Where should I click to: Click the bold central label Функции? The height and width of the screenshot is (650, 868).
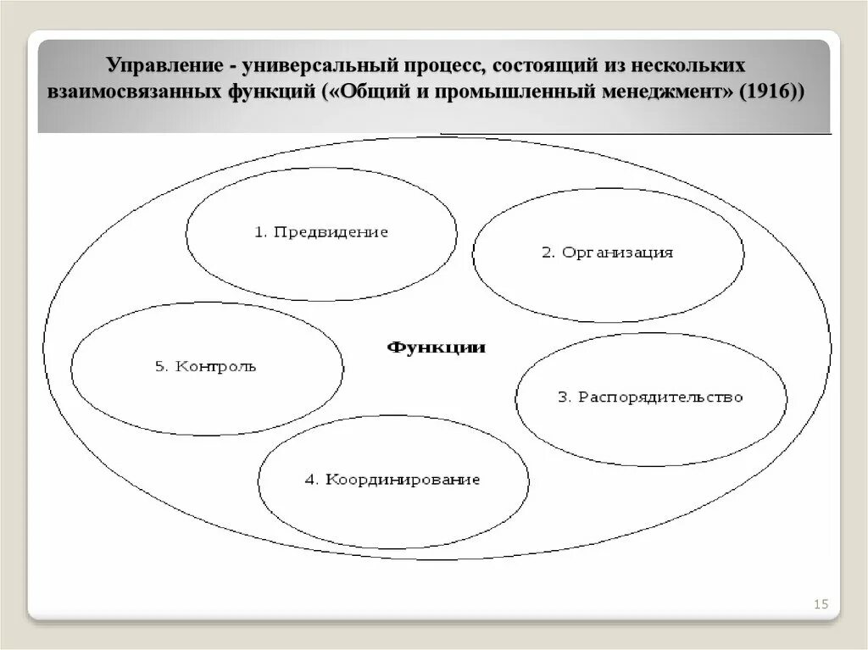click(x=437, y=347)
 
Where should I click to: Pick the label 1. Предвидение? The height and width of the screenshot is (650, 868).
click(x=321, y=232)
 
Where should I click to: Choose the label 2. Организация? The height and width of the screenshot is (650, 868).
click(x=607, y=253)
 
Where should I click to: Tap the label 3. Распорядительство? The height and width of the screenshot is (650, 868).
click(x=650, y=397)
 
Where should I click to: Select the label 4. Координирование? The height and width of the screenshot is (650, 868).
click(x=392, y=480)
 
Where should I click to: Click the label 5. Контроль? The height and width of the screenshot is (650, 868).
click(x=205, y=367)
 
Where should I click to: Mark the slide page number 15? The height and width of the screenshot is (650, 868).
click(x=820, y=604)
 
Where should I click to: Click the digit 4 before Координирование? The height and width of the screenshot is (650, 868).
click(x=310, y=480)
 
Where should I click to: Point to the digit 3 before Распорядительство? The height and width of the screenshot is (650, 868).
click(x=562, y=397)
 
